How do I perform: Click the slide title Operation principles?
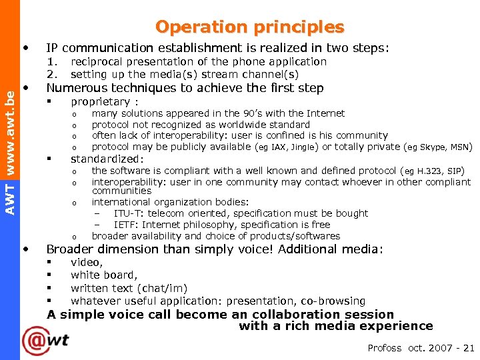tap(250, 27)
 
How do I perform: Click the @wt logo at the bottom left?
tap(45, 340)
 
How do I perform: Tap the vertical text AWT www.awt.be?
tap(10, 152)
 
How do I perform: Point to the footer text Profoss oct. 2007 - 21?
tap(421, 348)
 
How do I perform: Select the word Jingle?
tap(303, 147)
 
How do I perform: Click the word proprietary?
tap(100, 102)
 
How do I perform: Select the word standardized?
tap(107, 159)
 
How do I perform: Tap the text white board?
tap(103, 275)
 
